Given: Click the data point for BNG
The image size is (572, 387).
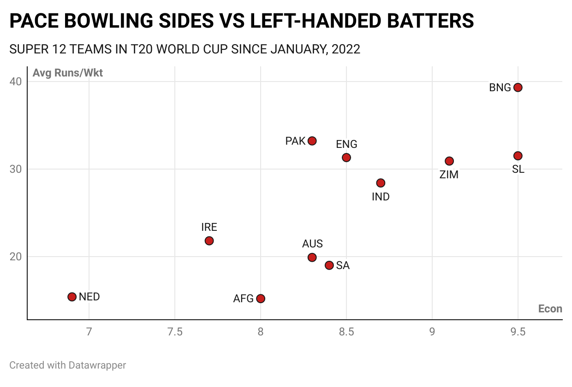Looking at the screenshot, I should [x=518, y=88].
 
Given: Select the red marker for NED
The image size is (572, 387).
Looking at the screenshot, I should [x=72, y=297].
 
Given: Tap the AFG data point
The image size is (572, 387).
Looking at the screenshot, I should [x=261, y=299].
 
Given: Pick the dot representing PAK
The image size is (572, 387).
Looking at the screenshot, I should [x=312, y=141].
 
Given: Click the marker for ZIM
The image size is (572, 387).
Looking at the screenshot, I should [x=449, y=161].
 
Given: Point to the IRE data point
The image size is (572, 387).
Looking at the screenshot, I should [x=209, y=241].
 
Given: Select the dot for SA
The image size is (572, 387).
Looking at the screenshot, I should [x=329, y=265].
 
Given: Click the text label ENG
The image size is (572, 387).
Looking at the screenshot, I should [x=346, y=144].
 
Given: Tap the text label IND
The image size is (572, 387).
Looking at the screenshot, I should [x=381, y=197].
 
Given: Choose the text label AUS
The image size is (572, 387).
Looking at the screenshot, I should [x=312, y=244].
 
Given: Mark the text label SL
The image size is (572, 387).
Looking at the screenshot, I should [x=518, y=169].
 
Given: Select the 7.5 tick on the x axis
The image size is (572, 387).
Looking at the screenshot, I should [x=175, y=332].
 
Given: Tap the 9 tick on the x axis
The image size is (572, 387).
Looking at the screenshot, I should [x=432, y=332].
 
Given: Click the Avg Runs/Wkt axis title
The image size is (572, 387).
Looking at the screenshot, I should [x=68, y=73].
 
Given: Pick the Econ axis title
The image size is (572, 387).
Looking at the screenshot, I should [x=550, y=309].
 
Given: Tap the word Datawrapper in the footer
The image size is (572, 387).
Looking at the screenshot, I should [x=97, y=365].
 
